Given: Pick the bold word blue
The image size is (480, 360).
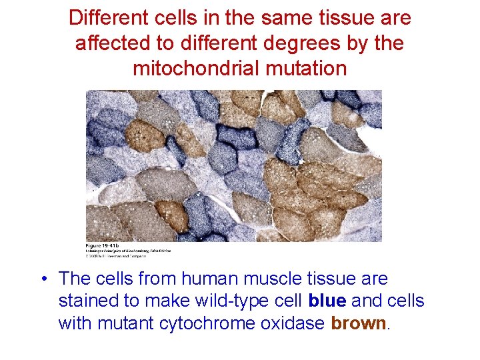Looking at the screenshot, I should (327, 301).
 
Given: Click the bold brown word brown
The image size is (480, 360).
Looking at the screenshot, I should (359, 323).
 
